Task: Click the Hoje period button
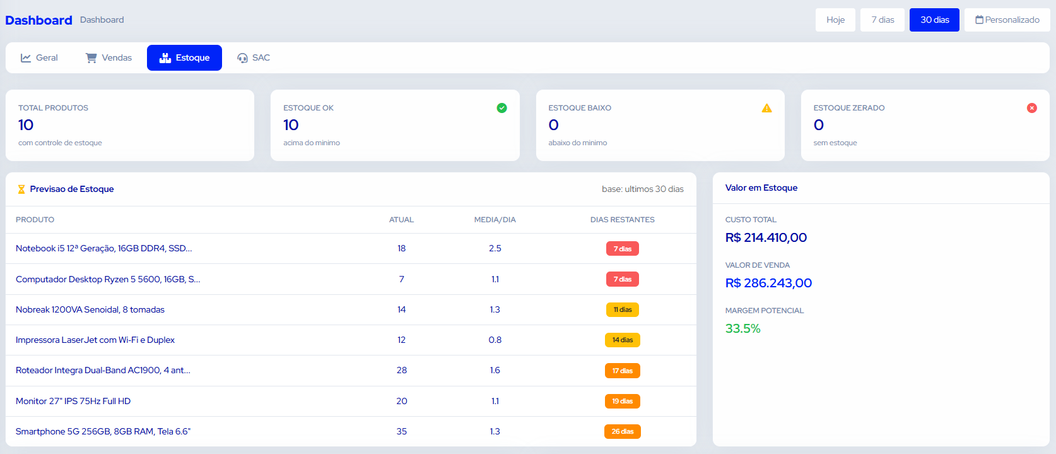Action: tap(835, 20)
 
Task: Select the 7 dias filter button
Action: tap(883, 20)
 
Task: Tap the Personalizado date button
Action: tap(1007, 20)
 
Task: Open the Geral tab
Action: tap(39, 57)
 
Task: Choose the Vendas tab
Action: tap(109, 57)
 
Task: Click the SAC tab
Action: tap(254, 57)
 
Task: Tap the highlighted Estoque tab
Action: tap(184, 57)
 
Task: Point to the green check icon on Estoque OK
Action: tap(502, 108)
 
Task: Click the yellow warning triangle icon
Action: tap(767, 108)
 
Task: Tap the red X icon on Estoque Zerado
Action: tap(1032, 108)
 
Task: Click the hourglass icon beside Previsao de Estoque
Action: tap(21, 189)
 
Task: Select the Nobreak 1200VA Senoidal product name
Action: tap(90, 309)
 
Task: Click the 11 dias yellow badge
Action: tap(622, 309)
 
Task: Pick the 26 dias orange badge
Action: tap(622, 431)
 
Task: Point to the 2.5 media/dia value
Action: tap(495, 248)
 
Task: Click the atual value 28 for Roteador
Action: tap(402, 370)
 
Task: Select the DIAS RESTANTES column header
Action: tap(622, 220)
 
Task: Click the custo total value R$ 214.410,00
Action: tap(766, 237)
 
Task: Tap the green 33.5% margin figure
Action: tap(743, 328)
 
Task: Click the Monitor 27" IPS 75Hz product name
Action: tap(73, 401)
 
